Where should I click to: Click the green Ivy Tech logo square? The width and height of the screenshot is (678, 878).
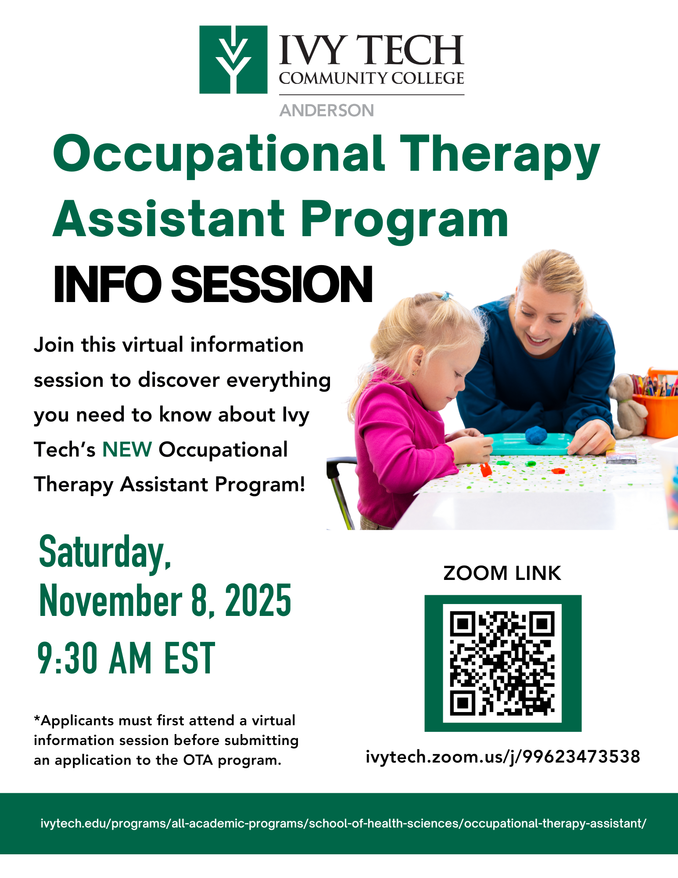233,60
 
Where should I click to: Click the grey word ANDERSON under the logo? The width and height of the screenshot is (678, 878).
327,111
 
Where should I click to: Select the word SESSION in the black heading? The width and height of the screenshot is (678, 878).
272,284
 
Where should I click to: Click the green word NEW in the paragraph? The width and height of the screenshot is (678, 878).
127,450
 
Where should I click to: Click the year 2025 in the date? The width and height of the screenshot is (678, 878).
258,601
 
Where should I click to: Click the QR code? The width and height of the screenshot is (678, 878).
502,663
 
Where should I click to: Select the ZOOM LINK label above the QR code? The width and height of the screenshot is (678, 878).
502,573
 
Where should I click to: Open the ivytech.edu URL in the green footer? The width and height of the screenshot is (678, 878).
343,823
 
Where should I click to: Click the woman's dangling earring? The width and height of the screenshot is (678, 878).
574,329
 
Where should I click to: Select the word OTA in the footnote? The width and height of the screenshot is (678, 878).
198,760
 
